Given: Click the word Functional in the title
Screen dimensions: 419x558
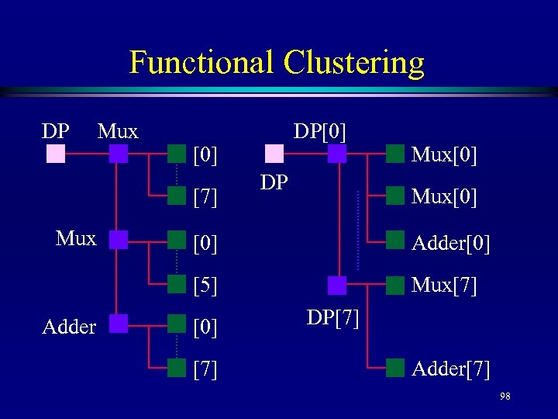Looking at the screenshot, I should [x=202, y=62].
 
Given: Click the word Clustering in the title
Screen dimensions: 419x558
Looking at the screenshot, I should [x=353, y=62].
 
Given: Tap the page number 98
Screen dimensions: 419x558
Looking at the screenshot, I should [x=505, y=396].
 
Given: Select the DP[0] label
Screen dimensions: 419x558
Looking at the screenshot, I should [x=319, y=131].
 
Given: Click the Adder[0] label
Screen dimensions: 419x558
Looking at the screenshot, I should [x=451, y=244].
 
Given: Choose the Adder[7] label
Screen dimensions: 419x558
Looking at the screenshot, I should [x=451, y=369].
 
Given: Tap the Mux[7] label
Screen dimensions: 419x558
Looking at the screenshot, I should [x=444, y=286].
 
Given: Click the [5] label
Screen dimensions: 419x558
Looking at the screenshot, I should [x=205, y=286].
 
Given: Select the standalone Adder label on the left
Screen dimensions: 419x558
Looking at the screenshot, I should [x=69, y=327].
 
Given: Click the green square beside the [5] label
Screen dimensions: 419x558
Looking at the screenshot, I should [x=177, y=281].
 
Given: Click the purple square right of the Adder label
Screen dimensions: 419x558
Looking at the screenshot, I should [x=118, y=323].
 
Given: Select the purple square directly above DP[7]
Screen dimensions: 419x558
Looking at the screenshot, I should [x=337, y=286].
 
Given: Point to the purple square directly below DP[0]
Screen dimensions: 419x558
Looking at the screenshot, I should [x=337, y=154].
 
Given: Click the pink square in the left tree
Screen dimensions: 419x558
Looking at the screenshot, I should [x=56, y=154].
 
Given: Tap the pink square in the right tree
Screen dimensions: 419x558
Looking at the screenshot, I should [x=274, y=154].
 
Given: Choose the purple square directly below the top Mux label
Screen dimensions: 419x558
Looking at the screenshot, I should [x=118, y=154].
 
